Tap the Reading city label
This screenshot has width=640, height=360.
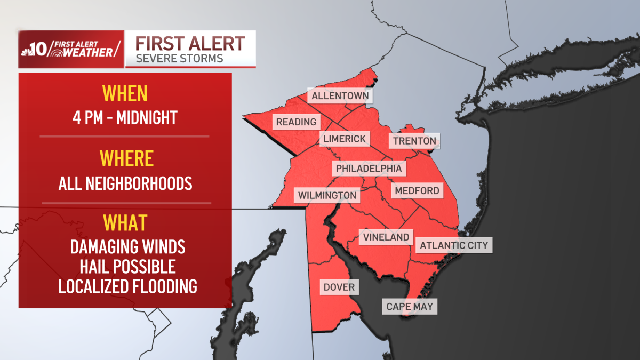(x=296, y=122)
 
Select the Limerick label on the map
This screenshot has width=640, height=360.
(x=344, y=139)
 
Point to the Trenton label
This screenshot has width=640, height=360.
(x=414, y=141)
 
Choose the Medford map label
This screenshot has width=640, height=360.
(x=417, y=190)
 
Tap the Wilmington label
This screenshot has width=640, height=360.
(x=327, y=195)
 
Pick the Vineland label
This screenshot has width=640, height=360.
(x=386, y=237)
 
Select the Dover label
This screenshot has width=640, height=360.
(x=339, y=287)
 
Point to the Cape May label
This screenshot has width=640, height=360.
(x=410, y=306)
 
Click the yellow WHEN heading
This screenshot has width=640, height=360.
(x=125, y=94)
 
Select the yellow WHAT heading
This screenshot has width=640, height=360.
(x=125, y=222)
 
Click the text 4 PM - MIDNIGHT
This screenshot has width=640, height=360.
(x=125, y=117)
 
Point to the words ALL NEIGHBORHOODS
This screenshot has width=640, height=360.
(x=125, y=183)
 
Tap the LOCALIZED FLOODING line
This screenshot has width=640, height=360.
(x=127, y=286)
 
